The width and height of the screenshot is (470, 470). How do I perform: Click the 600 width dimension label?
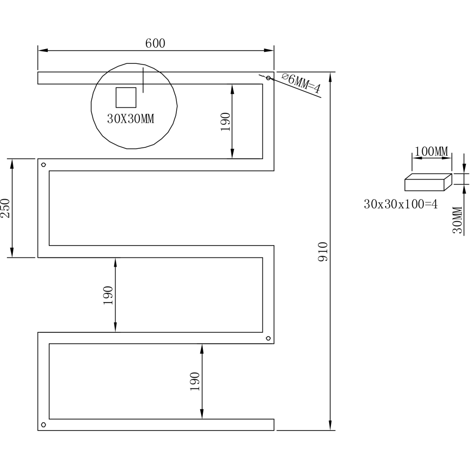pos(155,44)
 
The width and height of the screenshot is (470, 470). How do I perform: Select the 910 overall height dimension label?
pos(323,252)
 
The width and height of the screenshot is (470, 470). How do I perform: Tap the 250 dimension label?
pos(5,208)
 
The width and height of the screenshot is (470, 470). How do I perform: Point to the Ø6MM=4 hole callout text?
pos(301,83)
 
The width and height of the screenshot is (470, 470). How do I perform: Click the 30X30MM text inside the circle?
pos(131,119)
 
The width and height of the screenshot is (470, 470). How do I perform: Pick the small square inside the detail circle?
pos(126,97)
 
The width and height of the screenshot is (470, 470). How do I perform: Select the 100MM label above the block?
pos(431,151)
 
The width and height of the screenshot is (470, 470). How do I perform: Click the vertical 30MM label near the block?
pos(458,220)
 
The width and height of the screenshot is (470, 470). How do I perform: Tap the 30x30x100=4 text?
pos(401,204)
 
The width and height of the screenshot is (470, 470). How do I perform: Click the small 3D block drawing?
pos(428,182)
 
